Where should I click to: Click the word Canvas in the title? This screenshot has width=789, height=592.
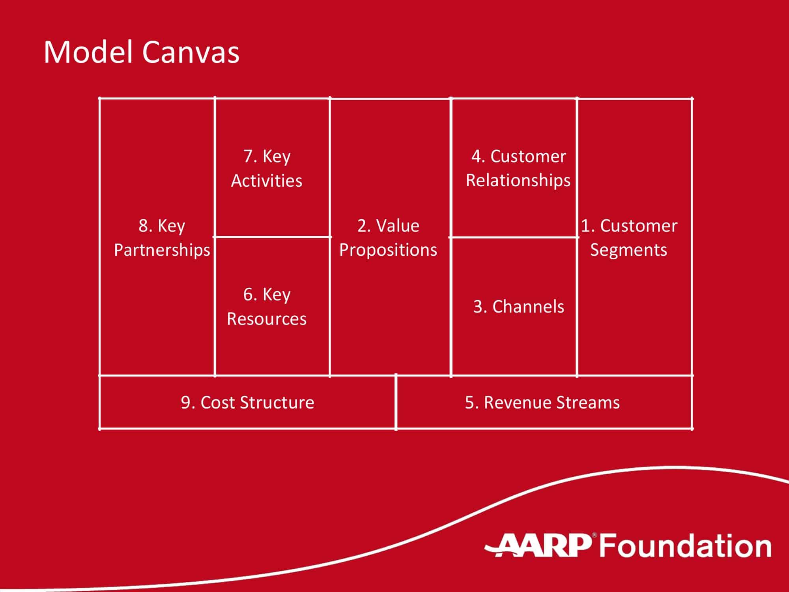click(191, 52)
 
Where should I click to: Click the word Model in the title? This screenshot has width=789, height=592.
click(88, 52)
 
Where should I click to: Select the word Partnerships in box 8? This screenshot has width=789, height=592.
click(162, 250)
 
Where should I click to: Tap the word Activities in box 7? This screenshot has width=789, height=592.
click(267, 181)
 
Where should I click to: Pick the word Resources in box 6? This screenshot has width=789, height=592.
click(267, 319)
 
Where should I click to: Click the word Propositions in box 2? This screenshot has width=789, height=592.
click(388, 250)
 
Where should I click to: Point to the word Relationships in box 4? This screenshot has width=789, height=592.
click(518, 180)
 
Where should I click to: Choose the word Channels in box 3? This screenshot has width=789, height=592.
click(528, 307)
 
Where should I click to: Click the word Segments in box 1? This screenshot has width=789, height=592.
click(628, 250)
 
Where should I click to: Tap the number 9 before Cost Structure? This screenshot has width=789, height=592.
click(185, 403)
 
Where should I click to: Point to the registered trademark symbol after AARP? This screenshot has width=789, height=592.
click(595, 536)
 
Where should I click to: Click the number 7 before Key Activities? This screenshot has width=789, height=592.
click(248, 156)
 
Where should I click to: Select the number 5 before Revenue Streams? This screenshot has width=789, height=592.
click(469, 403)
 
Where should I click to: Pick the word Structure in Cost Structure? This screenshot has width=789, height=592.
click(277, 403)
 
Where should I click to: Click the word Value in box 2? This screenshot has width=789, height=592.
click(398, 226)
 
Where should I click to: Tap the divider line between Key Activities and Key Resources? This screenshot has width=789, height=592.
click(272, 237)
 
